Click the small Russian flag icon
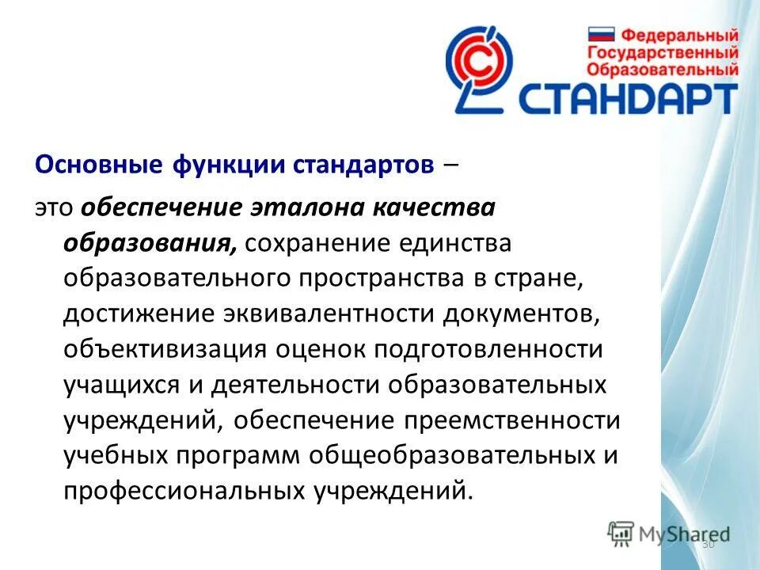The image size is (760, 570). pyautogui.click(x=601, y=35)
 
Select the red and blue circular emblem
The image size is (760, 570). pyautogui.click(x=478, y=66)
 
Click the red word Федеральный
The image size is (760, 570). pyautogui.click(x=679, y=36)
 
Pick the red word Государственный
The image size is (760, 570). pyautogui.click(x=663, y=52)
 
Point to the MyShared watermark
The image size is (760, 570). pyautogui.click(x=668, y=534)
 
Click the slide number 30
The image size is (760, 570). pyautogui.click(x=708, y=545)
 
